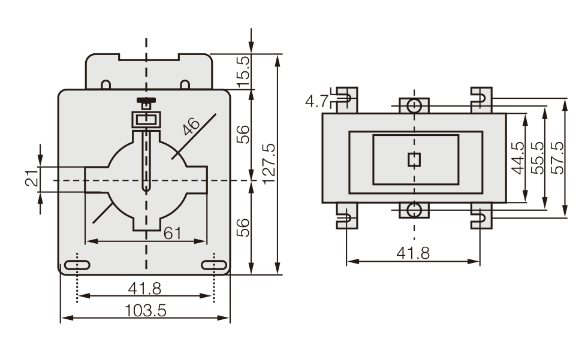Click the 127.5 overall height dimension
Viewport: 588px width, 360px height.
coord(269,164)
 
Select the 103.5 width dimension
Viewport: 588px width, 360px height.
coord(145,310)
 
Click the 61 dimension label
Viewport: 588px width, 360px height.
coord(173,234)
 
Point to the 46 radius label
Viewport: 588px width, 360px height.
coord(191,126)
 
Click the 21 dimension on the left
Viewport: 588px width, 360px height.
coord(32,179)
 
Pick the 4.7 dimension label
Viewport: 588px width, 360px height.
coord(317,101)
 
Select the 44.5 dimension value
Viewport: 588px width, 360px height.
coord(518,158)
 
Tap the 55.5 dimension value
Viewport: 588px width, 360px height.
coord(538,158)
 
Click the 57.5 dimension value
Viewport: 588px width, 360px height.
coord(557,158)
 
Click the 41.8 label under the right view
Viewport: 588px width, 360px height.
coord(413,253)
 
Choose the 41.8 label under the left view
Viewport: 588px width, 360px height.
coord(144,289)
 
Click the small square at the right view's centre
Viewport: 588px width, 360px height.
coord(414,160)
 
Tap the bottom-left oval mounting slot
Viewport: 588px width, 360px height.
coord(77,265)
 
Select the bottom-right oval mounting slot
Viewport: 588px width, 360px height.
coord(214,265)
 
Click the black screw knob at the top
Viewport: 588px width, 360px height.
coord(146,100)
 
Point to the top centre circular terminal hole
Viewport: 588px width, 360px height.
coord(414,105)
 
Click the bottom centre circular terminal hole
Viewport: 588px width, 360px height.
coord(414,210)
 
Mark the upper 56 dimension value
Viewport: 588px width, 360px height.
coord(243,134)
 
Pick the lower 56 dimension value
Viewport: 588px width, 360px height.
coord(243,228)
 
